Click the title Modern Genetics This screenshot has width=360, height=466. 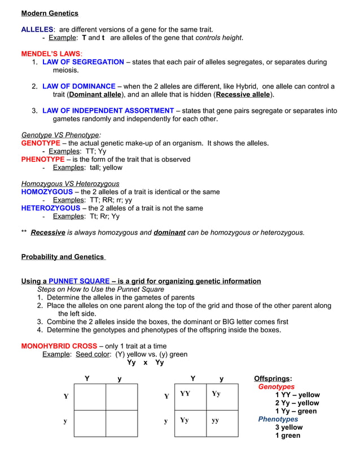(x=50, y=13)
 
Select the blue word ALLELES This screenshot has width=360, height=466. (x=37, y=29)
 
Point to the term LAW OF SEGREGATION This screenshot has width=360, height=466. (x=83, y=62)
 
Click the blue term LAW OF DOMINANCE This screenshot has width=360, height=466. (x=79, y=86)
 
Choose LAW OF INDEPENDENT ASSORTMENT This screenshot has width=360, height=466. (x=108, y=111)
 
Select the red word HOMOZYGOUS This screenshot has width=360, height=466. (x=47, y=192)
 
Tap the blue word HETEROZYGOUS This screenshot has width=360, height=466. (x=51, y=208)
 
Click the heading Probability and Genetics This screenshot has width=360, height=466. (x=63, y=257)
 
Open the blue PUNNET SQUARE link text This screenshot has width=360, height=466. (x=79, y=281)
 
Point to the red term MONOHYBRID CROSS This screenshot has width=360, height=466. (x=59, y=346)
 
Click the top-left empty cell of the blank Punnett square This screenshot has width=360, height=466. (x=90, y=397)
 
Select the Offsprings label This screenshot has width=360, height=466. (x=273, y=379)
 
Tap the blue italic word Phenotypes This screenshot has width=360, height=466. (x=278, y=419)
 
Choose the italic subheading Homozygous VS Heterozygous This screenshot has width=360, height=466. (x=70, y=183)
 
